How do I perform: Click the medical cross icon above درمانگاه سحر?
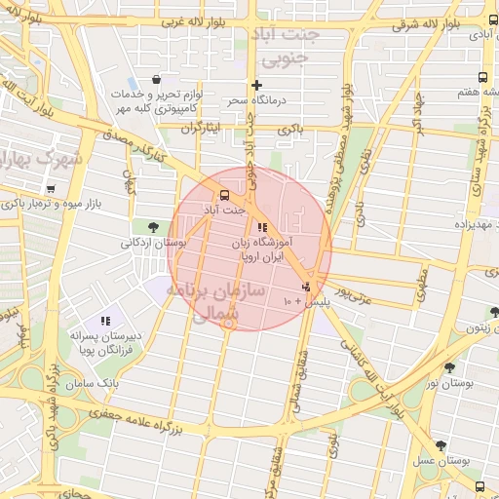click(x=256, y=85)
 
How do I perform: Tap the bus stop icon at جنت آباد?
click(x=225, y=194)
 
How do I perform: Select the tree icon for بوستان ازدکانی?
click(x=153, y=226)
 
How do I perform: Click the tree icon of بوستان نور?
click(x=449, y=367)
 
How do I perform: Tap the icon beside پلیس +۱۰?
click(x=307, y=288)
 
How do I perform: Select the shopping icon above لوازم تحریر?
click(x=157, y=80)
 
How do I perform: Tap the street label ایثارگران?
click(x=202, y=128)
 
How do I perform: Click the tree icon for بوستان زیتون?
click(x=494, y=313)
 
